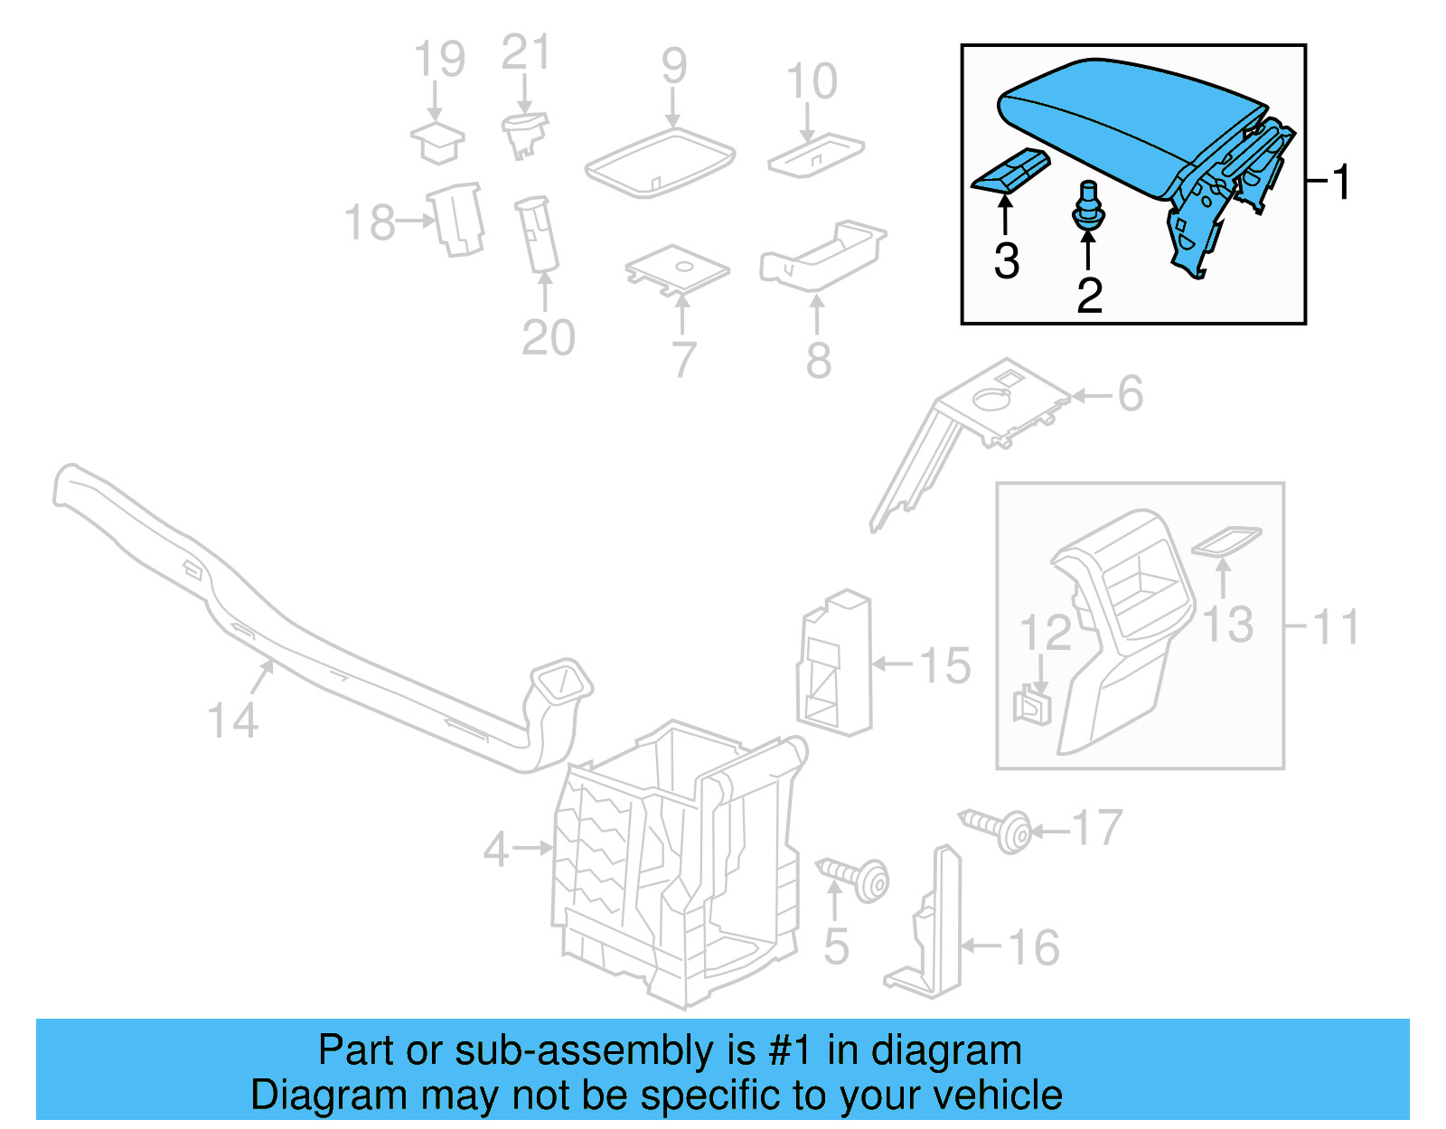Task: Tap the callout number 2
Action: click(x=1089, y=295)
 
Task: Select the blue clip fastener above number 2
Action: click(x=1087, y=207)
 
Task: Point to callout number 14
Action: click(x=232, y=720)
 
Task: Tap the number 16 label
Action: click(x=1033, y=947)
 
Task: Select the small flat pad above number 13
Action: click(x=1226, y=541)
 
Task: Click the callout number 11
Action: click(x=1336, y=626)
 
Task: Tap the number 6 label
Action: click(x=1130, y=394)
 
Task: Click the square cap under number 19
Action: click(x=437, y=142)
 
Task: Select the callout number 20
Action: click(x=548, y=338)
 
